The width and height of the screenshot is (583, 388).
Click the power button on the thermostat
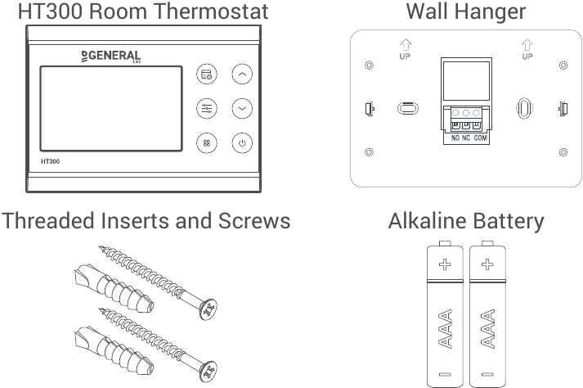tap(242, 143)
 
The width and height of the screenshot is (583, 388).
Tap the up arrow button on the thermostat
tap(242, 74)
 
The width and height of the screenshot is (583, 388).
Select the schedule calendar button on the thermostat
tap(207, 74)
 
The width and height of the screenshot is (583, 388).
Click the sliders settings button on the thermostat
tap(207, 108)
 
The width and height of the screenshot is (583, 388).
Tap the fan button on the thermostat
tap(207, 143)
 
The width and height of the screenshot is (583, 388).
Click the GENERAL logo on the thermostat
tap(111, 56)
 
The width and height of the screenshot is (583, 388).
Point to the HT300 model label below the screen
tap(50, 161)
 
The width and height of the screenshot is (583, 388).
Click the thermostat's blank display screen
tap(111, 109)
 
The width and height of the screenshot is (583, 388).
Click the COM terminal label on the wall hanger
tap(480, 138)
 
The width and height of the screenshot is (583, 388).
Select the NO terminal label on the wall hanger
tap(455, 138)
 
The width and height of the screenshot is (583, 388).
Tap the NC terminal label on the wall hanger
tap(466, 138)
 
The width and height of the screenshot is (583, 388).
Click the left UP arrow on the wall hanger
tap(406, 45)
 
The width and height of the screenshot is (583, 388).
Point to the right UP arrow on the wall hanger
tap(527, 45)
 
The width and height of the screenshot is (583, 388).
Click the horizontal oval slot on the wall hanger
tap(408, 109)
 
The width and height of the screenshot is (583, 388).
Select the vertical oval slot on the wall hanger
tap(524, 108)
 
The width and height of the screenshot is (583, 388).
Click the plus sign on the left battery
tap(445, 264)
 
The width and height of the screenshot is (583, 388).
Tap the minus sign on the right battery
tap(487, 374)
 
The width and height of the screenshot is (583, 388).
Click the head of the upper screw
tap(209, 309)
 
